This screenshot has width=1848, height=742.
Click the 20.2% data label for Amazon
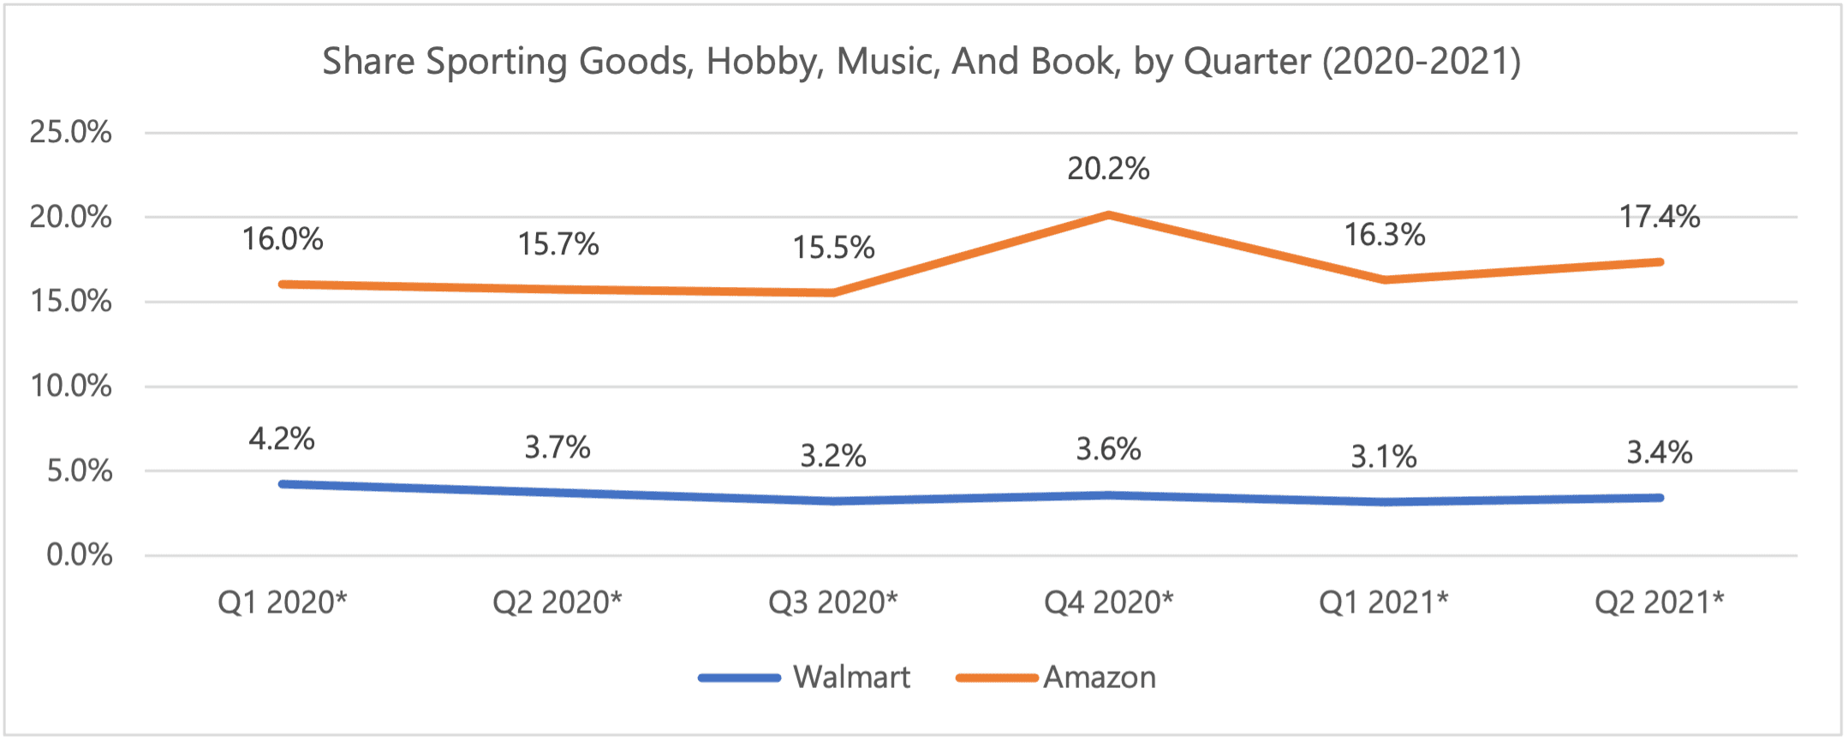click(x=1108, y=169)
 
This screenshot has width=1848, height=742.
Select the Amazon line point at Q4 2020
click(x=1109, y=214)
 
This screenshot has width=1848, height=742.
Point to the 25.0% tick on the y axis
click(x=70, y=132)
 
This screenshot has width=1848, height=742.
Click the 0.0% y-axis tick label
click(x=79, y=555)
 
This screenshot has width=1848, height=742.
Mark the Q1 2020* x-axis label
click(x=282, y=603)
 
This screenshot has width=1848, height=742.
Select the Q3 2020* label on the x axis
click(x=832, y=603)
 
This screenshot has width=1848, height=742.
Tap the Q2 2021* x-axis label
click(x=1659, y=603)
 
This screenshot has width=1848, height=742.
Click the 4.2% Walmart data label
click(x=282, y=440)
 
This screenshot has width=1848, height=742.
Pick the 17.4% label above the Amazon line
click(x=1659, y=217)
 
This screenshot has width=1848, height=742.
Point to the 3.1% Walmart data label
click(x=1384, y=457)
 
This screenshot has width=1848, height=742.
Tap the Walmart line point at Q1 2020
click(x=283, y=484)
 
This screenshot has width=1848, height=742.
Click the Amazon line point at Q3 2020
click(x=833, y=293)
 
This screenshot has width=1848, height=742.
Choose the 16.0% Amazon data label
click(x=283, y=239)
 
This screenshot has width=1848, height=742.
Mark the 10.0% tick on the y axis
click(x=70, y=386)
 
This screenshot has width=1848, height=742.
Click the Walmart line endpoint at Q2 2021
click(x=1660, y=498)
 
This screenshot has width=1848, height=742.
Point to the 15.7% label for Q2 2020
click(x=557, y=245)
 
